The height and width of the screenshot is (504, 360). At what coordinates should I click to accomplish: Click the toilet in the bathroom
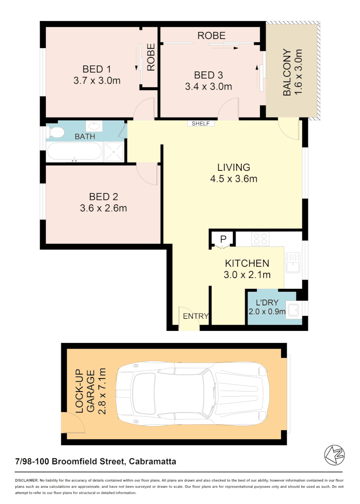click(56, 132)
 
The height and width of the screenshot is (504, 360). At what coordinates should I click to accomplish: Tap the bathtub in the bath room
click(73, 152)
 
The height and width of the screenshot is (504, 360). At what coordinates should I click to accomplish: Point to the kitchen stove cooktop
click(260, 239)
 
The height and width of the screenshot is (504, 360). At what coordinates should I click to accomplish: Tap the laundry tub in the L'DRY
click(294, 310)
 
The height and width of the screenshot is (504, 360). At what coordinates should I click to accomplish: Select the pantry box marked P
click(223, 239)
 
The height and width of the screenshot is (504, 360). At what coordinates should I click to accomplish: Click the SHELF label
click(201, 124)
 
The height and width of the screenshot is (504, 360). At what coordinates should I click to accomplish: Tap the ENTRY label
click(196, 316)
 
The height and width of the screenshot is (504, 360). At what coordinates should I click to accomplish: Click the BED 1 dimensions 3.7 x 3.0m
click(97, 81)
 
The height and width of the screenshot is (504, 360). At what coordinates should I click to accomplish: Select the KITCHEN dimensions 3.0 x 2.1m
click(247, 275)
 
